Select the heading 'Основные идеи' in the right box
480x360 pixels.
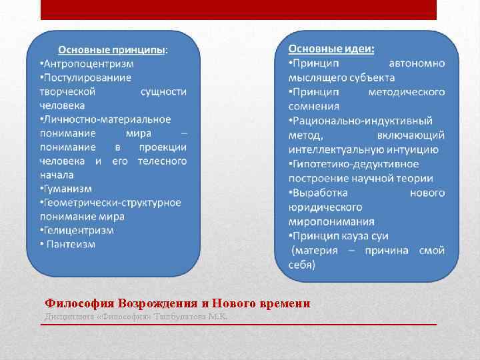click(331, 49)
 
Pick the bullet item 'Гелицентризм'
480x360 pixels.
click(79, 230)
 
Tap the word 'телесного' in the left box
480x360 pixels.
click(162, 161)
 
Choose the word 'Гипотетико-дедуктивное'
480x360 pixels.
click(356, 163)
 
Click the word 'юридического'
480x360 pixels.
click(322, 207)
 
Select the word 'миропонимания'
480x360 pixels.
click(331, 221)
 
